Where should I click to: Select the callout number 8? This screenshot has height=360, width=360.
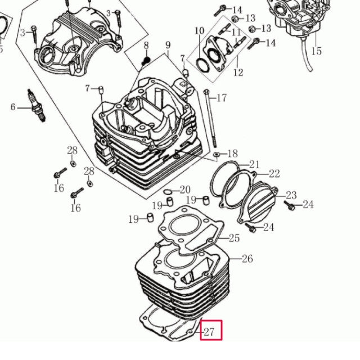point(146,46)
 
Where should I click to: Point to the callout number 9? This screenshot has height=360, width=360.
point(168,45)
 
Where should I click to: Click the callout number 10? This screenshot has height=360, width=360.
point(200,30)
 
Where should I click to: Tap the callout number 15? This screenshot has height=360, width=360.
point(316,51)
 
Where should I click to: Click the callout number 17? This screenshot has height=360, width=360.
point(222,98)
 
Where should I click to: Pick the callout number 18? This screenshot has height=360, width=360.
point(232,154)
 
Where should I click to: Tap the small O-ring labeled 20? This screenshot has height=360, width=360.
point(169,190)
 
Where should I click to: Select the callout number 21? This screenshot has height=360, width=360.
point(255,165)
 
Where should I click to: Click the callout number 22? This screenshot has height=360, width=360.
point(274,173)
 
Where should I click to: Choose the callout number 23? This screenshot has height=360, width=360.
point(291,195)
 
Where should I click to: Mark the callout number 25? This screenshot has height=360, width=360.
point(234,238)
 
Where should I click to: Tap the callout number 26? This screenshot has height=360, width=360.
point(247,259)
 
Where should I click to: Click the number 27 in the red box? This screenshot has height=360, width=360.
point(209,331)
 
